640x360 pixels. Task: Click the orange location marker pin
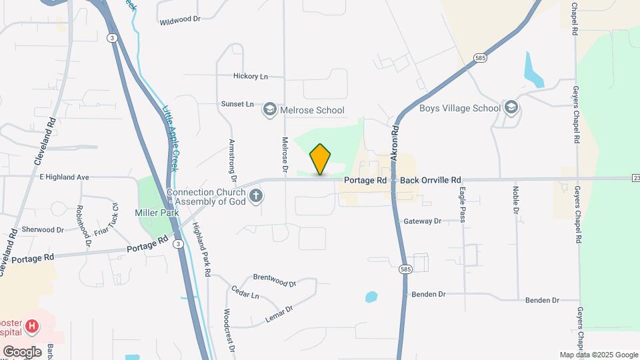coord(320,159)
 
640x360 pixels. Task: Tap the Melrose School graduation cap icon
coord(269,110)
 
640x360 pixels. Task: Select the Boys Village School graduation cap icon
coord(511,108)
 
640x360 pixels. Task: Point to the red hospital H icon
coord(32,327)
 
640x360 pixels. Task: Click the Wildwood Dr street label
coord(180,21)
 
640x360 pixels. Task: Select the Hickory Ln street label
coord(250,76)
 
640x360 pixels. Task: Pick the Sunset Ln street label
coord(238,104)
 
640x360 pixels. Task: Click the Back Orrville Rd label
coord(430,180)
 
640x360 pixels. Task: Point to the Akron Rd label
coord(395,143)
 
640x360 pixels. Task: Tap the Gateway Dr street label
coord(423,221)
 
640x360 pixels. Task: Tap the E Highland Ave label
coord(64,177)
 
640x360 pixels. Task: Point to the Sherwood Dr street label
coord(42,229)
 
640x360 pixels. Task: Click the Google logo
coord(22,351)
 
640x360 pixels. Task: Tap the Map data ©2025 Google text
coord(598,355)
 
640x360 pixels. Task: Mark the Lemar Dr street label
coord(279,314)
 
